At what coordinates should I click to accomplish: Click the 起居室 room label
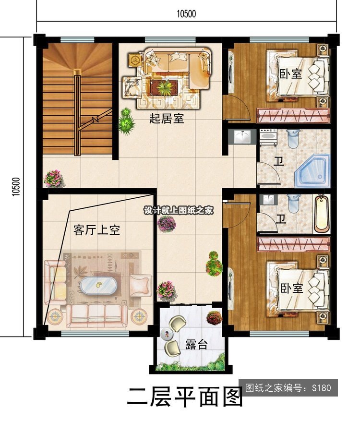[167, 119]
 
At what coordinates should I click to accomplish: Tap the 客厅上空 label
[96, 230]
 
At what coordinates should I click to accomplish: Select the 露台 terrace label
[196, 345]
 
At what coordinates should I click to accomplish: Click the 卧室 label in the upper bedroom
[291, 73]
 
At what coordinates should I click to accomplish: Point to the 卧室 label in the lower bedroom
[292, 288]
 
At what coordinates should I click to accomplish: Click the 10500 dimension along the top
[186, 14]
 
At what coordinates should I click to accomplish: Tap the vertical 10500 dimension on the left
[16, 187]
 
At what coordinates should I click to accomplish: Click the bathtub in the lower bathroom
[322, 214]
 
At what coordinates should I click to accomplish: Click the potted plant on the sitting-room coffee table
[164, 87]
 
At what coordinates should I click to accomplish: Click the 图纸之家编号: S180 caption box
[288, 387]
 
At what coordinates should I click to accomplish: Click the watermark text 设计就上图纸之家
[179, 210]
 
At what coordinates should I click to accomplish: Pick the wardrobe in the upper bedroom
[293, 116]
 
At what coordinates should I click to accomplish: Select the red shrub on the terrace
[214, 318]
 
